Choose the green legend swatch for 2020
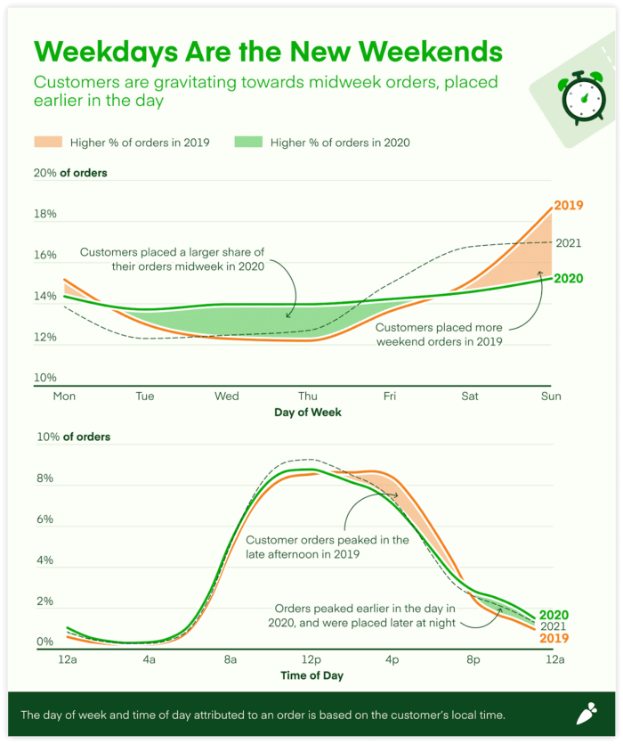pos(250,142)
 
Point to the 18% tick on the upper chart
pos(45,215)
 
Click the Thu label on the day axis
pos(308,395)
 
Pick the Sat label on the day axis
pos(470,395)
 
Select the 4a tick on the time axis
pos(149,659)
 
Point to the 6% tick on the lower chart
pos(44,519)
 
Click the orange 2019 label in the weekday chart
pos(569,206)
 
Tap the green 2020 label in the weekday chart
pos(569,279)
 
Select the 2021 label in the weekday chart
pos(568,242)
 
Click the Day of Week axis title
pos(307,413)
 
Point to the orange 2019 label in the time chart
pos(554,638)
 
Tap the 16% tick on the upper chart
pos(45,256)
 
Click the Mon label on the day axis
pos(64,395)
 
